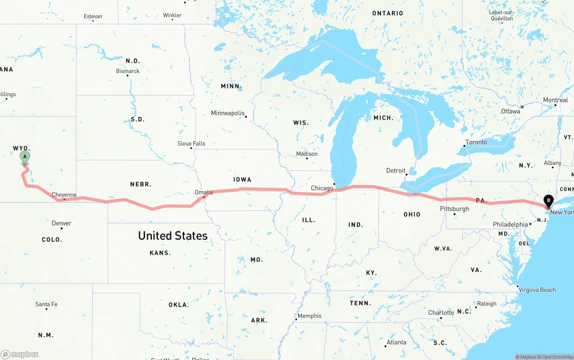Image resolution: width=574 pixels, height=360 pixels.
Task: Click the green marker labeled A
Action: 25,157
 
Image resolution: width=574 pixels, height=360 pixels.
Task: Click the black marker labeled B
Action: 548,201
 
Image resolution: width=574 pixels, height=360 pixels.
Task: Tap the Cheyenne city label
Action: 64,195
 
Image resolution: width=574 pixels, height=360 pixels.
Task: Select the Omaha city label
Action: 204,192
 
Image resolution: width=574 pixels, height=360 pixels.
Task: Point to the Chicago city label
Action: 322,188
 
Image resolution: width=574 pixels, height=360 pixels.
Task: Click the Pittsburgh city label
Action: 454,209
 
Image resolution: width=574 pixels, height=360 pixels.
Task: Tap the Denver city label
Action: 61,223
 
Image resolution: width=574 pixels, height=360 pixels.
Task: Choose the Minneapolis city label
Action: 228,113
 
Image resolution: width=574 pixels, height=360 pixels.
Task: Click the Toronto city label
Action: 476,142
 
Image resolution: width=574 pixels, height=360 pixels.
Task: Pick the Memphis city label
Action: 309,316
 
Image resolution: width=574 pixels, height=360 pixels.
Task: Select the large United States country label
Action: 173,235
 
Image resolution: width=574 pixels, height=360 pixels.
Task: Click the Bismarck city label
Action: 128,71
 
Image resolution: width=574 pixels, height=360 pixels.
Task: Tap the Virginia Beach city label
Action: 537,290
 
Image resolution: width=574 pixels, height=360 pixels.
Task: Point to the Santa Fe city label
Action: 47,304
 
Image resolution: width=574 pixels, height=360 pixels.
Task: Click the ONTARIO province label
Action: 387,13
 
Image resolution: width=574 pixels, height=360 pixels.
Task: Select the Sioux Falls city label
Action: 191,143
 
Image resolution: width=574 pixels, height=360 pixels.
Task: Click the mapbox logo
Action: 20,354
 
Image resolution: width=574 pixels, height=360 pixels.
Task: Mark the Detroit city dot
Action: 406,174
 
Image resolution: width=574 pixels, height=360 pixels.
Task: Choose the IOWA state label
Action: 242,179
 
